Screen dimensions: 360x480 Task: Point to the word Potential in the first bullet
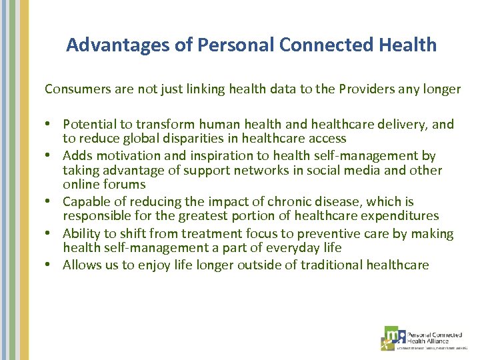point(89,124)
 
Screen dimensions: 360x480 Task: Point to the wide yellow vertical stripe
point(24,180)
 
